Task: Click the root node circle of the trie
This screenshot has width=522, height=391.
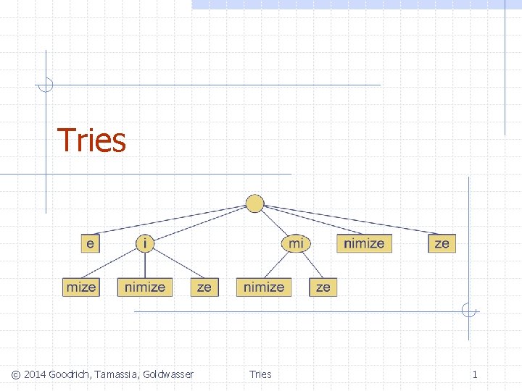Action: point(255,203)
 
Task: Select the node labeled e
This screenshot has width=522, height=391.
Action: point(90,243)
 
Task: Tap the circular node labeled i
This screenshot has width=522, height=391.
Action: point(146,243)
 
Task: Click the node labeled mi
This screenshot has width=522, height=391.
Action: point(296,243)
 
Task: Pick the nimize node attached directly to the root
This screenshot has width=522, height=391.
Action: point(364,243)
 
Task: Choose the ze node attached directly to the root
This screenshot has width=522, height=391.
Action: point(442,243)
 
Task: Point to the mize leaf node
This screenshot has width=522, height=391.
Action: point(80,287)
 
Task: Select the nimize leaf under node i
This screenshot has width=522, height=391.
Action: point(145,287)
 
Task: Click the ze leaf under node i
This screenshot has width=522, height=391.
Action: point(204,287)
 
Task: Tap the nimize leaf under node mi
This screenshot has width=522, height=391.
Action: point(264,287)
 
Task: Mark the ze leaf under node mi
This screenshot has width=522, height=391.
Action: point(323,287)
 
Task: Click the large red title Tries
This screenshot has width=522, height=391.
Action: point(91,140)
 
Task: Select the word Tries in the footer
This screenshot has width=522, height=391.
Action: point(260,374)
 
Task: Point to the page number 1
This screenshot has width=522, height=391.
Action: point(475,374)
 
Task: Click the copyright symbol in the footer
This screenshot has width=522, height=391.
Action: point(16,374)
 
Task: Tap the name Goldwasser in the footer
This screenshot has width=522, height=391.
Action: point(168,374)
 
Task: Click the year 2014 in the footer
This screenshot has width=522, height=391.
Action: point(35,374)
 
